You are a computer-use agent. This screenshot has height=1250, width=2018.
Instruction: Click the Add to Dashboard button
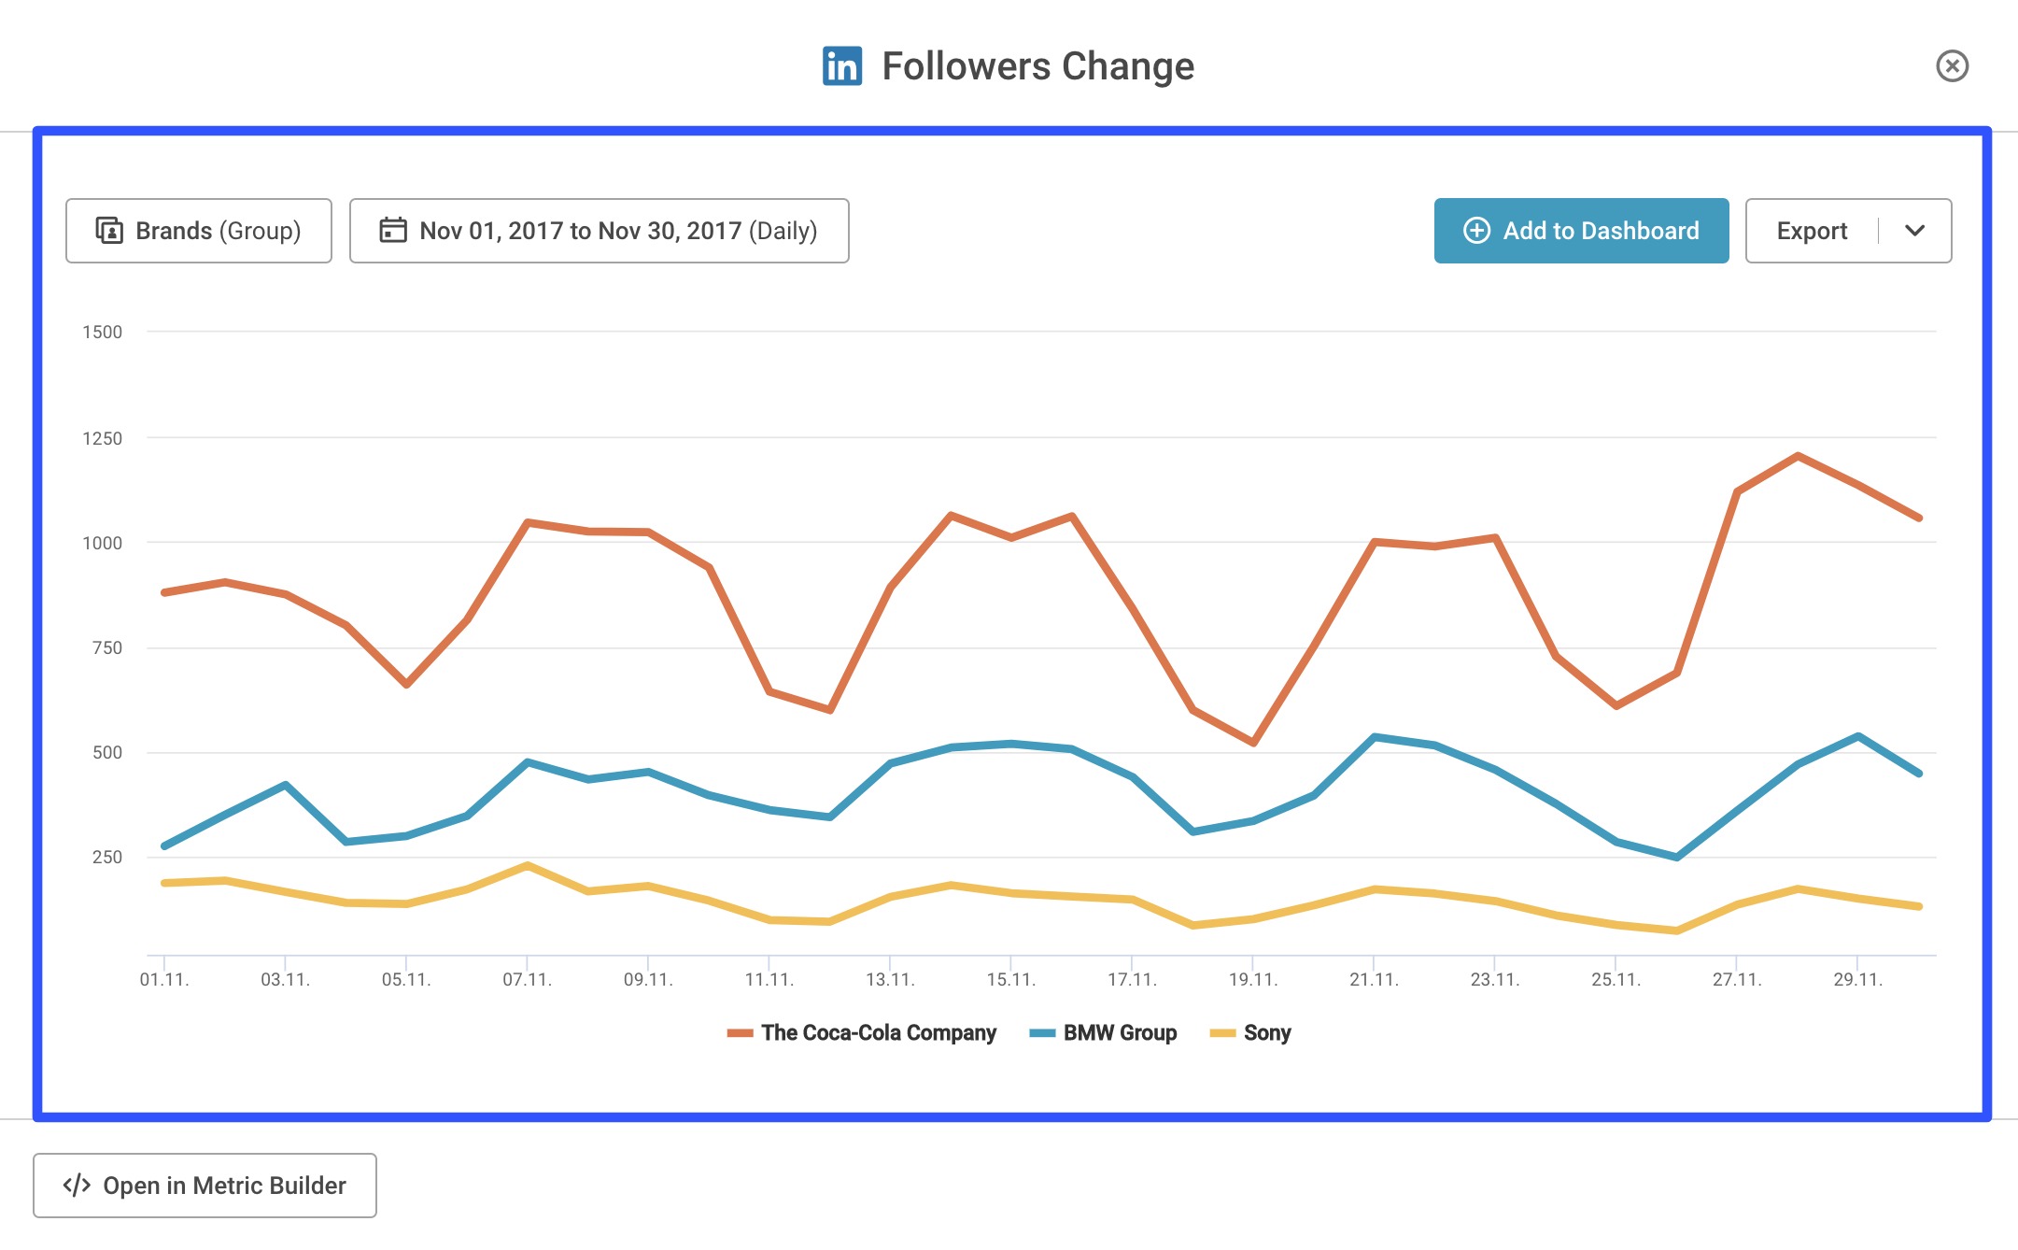1580,231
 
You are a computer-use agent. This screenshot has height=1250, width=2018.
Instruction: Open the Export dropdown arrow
1913,231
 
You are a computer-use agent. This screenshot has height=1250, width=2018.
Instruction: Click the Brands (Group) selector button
199,231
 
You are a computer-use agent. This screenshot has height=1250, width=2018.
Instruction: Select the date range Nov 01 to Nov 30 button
599,231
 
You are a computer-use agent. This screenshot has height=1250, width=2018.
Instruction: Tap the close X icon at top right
1951,66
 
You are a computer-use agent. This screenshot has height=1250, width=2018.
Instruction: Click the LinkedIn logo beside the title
841,66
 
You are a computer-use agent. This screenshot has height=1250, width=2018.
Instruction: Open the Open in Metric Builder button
205,1185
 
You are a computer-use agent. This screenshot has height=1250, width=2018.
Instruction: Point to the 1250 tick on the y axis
102,438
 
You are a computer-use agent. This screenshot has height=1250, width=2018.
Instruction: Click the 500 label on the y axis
106,752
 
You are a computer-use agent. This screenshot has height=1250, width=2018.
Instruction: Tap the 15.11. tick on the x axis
1010,979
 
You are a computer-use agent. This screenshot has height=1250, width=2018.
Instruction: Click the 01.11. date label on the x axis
164,979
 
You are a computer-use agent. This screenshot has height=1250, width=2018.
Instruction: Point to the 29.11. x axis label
1857,979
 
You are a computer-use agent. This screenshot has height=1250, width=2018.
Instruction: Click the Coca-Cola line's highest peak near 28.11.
1798,456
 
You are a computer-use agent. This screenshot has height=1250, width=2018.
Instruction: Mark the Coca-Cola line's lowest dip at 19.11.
1253,743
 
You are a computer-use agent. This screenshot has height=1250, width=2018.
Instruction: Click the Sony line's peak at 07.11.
528,865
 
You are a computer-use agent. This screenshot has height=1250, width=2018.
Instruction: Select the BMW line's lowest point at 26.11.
1676,857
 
